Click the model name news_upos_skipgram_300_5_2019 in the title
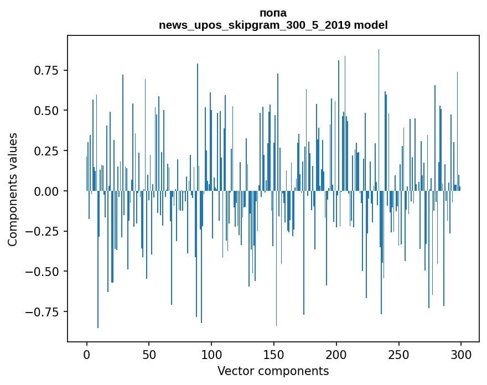pyautogui.click(x=255, y=25)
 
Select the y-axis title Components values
pyautogui.click(x=13, y=189)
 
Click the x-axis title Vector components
pyautogui.click(x=273, y=371)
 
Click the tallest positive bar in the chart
pyautogui.click(x=379, y=111)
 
